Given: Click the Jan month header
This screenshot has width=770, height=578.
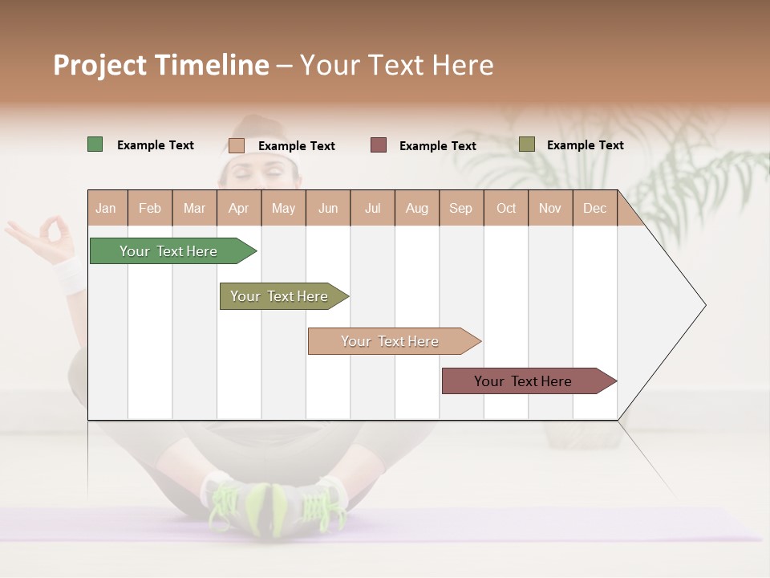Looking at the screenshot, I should point(106,209).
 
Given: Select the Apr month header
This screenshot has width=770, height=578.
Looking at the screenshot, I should point(238,209).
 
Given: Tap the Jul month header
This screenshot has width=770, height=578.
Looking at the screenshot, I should point(372,209).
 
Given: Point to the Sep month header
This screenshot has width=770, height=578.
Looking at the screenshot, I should point(460,209).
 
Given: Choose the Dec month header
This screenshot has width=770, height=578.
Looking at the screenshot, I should point(594,209).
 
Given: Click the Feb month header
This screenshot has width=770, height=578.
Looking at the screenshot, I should point(150,209).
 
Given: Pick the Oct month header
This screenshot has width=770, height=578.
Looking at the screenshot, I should point(506,209).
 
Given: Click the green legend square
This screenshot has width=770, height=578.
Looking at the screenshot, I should point(95,144).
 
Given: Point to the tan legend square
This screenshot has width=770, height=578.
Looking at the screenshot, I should point(236,145).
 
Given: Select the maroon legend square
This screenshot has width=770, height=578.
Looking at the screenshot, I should point(379,144).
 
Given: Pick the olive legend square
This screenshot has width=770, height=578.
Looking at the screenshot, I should point(526,144).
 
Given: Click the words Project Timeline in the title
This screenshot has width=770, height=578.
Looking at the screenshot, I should point(161,65).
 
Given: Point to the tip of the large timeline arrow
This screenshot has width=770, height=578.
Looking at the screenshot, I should point(704,305).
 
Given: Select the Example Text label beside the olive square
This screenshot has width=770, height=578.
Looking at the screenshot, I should point(585,145).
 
